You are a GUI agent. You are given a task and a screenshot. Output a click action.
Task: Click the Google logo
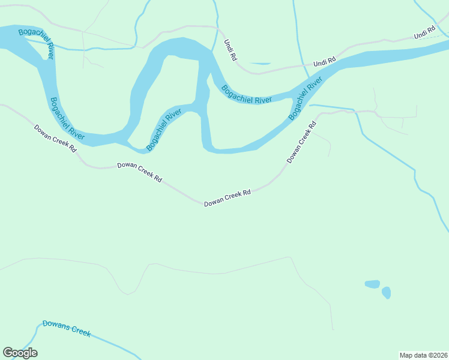pyautogui.click(x=20, y=353)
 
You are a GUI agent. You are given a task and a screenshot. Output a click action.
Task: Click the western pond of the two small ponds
pyautogui.click(x=372, y=284)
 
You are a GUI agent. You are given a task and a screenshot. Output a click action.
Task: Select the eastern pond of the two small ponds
pyautogui.click(x=386, y=293)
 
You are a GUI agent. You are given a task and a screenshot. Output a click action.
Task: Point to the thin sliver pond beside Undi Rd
pyautogui.click(x=261, y=63)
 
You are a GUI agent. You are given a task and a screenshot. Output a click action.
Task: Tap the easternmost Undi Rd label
pyautogui.click(x=424, y=33)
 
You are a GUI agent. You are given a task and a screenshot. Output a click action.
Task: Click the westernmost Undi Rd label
pyautogui.click(x=231, y=50)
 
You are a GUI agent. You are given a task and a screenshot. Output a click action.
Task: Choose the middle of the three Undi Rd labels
pyautogui.click(x=324, y=61)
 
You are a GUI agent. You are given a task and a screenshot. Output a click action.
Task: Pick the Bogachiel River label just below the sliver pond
pyautogui.click(x=246, y=95)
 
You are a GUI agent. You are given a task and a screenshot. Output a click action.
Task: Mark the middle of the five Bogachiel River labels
pyautogui.click(x=163, y=130)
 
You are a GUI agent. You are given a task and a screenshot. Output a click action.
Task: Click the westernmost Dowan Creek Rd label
pyautogui.click(x=55, y=138)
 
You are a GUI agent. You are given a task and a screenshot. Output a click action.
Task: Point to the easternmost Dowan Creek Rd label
pyautogui.click(x=301, y=143)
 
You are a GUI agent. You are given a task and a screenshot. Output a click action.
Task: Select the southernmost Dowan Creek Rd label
pyautogui.click(x=227, y=199)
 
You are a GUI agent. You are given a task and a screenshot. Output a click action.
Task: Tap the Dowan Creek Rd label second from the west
pyautogui.click(x=139, y=172)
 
